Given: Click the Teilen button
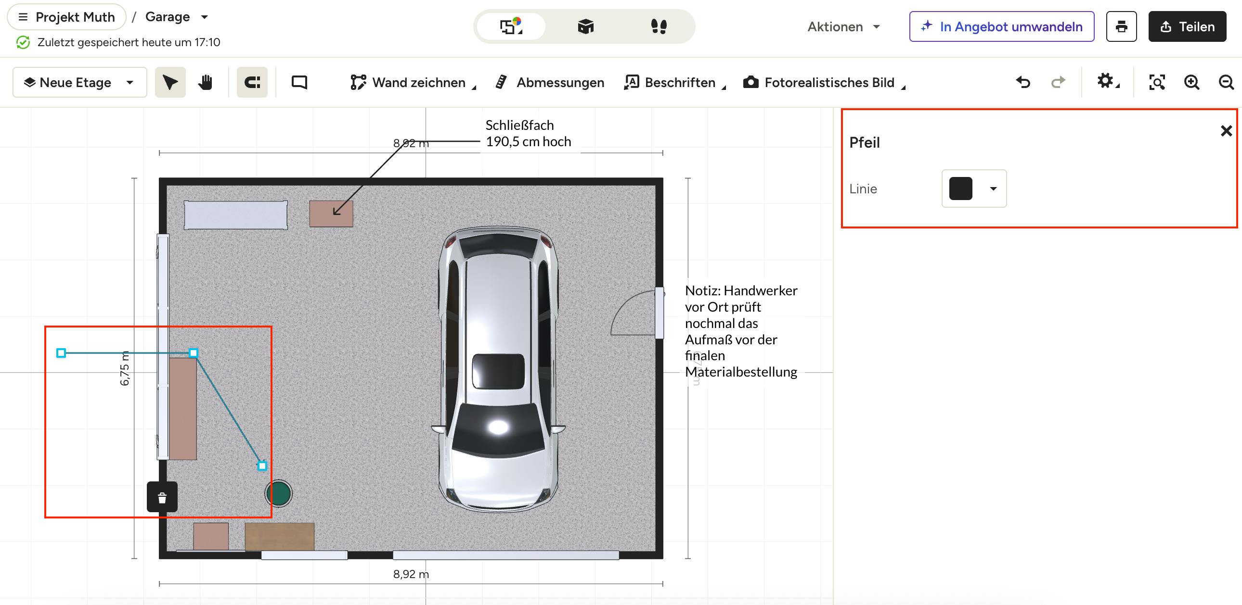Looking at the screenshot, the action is click(1187, 26).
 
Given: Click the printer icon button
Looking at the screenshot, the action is click(1122, 26).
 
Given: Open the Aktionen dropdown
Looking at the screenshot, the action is click(844, 26).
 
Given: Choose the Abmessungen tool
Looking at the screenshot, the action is click(550, 82).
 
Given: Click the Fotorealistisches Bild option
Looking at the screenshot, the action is click(825, 82).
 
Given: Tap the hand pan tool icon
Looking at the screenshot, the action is click(206, 82).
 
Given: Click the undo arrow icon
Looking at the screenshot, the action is click(1023, 82).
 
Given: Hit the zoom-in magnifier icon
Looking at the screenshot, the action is click(1191, 82).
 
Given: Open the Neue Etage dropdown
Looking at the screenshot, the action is click(79, 82).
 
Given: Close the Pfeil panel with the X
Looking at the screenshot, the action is click(1226, 130).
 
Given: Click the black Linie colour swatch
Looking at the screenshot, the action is click(960, 189).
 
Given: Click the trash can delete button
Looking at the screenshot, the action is click(162, 497).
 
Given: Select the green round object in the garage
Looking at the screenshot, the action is click(279, 493).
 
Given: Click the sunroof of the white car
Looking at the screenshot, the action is click(498, 371).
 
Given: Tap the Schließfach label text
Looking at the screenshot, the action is click(519, 125).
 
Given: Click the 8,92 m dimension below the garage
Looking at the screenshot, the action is click(411, 574).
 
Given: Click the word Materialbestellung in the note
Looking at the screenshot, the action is click(741, 372).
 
